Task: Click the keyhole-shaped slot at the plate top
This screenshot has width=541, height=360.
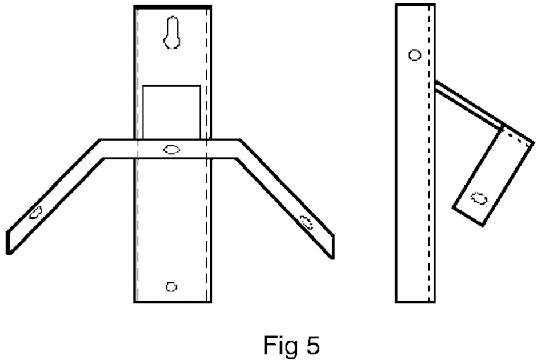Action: click(171, 33)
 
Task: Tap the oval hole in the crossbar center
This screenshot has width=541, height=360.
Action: click(171, 150)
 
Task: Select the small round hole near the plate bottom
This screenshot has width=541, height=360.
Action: click(171, 286)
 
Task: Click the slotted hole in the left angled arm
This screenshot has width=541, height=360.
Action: click(35, 212)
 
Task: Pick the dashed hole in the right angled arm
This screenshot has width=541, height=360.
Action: click(306, 222)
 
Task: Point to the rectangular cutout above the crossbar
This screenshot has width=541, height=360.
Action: click(171, 112)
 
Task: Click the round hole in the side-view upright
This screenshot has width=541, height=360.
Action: click(415, 55)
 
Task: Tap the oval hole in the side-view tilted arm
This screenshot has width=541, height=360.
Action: click(479, 198)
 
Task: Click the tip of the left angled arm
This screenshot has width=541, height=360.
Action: click(8, 243)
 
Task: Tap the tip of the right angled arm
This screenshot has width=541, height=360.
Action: click(333, 247)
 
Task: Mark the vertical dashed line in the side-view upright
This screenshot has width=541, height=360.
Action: click(429, 154)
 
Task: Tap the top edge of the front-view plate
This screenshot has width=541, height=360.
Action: click(173, 6)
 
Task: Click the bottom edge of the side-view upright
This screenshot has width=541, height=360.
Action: click(415, 302)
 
